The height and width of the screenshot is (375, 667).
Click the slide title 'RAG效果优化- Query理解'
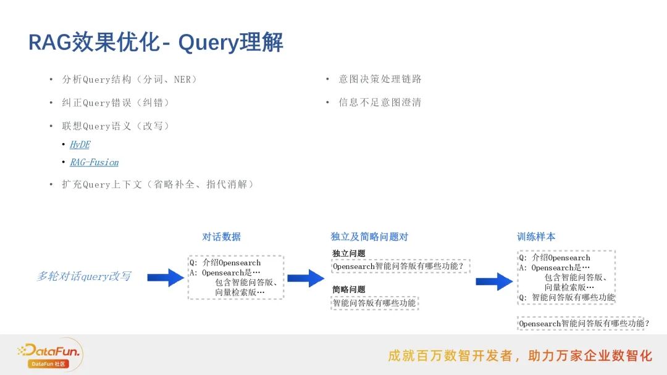tap(156, 43)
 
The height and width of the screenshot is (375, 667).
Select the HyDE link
tap(80, 144)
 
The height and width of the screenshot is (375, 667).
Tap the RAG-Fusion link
tap(94, 162)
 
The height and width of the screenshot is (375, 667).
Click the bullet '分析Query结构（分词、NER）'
tap(130, 80)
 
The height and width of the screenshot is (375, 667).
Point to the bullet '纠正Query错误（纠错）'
tap(115, 103)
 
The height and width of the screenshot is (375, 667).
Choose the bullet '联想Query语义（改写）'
tap(115, 126)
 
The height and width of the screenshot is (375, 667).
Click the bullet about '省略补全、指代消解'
tap(157, 184)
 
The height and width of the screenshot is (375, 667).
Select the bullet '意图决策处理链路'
tap(380, 80)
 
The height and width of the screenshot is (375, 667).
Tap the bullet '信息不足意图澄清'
tap(380, 102)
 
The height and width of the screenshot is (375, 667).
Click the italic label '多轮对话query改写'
tap(83, 276)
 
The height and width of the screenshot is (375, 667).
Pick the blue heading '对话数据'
tap(221, 237)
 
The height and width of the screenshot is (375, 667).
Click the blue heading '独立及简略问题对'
tap(369, 237)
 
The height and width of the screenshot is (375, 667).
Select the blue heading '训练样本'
tap(536, 237)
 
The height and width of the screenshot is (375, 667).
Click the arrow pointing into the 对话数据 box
tap(166, 278)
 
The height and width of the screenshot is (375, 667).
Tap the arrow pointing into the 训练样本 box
tap(494, 281)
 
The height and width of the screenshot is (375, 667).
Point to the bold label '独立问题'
tap(349, 253)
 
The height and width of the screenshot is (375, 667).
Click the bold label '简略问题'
tap(349, 289)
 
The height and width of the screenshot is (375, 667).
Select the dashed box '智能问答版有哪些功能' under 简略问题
tap(374, 303)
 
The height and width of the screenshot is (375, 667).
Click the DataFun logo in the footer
tap(49, 354)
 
